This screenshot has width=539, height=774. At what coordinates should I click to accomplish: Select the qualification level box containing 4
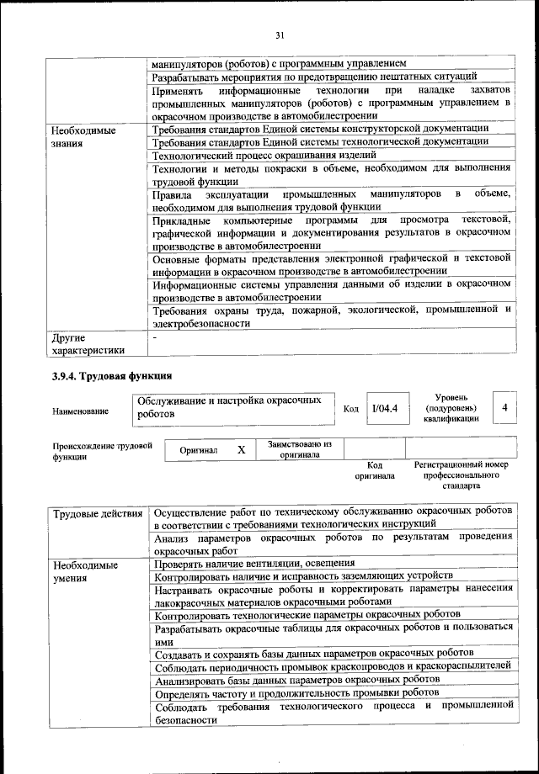point(504,407)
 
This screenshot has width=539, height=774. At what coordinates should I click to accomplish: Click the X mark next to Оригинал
point(241,450)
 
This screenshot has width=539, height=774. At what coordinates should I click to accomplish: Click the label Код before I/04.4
point(351,409)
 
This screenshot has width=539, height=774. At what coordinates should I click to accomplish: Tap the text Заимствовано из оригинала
point(300,449)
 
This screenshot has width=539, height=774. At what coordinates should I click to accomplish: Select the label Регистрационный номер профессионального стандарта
point(461,474)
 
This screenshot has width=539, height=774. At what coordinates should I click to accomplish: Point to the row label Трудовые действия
point(97,513)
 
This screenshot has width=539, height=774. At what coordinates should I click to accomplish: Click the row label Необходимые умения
point(84,571)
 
